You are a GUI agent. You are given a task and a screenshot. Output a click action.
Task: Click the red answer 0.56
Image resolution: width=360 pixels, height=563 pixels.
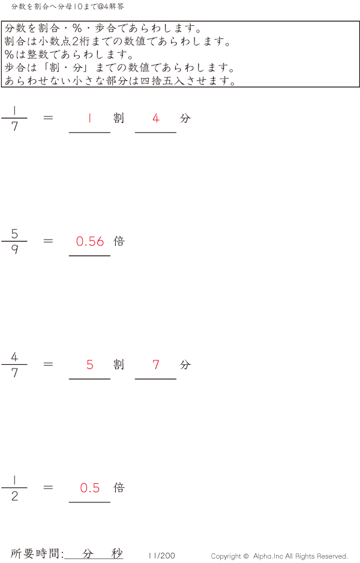click(90, 241)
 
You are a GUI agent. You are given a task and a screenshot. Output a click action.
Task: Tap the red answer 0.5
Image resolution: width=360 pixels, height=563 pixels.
click(90, 488)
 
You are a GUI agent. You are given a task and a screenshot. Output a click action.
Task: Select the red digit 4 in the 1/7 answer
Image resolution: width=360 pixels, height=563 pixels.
click(156, 118)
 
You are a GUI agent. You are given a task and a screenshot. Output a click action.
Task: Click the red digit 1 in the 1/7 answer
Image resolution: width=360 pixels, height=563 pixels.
click(89, 118)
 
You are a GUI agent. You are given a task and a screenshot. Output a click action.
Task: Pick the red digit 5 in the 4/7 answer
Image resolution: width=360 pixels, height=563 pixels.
click(90, 364)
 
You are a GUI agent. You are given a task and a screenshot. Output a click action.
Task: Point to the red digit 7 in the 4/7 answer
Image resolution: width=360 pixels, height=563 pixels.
click(156, 364)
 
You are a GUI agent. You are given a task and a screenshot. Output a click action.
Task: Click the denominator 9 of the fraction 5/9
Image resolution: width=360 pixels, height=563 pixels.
click(14, 250)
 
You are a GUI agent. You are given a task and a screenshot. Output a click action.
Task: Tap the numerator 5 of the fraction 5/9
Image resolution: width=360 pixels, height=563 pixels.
click(14, 233)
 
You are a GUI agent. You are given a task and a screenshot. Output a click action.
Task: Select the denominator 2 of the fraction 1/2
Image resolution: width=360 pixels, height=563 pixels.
click(14, 496)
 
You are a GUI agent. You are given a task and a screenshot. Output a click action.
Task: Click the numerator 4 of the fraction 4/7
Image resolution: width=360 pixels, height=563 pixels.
click(14, 357)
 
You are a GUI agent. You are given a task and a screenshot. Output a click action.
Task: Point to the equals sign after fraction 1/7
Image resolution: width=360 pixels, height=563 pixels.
click(49, 118)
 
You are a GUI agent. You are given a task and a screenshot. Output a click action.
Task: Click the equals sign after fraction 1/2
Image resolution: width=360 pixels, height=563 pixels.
click(49, 487)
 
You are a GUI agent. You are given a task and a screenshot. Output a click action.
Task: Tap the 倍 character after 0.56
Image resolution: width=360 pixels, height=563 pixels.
click(119, 241)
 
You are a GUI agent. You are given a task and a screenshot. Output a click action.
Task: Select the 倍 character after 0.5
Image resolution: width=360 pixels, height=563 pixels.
click(119, 488)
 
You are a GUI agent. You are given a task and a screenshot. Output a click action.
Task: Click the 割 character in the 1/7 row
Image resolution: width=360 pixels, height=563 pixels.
click(119, 118)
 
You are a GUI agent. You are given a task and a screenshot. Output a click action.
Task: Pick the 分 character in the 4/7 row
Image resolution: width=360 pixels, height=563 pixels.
click(185, 364)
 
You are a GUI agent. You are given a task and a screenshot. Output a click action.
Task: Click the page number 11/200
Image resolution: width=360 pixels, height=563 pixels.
click(161, 556)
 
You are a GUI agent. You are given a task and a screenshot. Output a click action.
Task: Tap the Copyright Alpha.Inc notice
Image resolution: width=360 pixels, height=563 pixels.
click(279, 556)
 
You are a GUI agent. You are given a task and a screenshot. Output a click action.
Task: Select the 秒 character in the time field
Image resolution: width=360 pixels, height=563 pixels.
click(116, 553)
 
